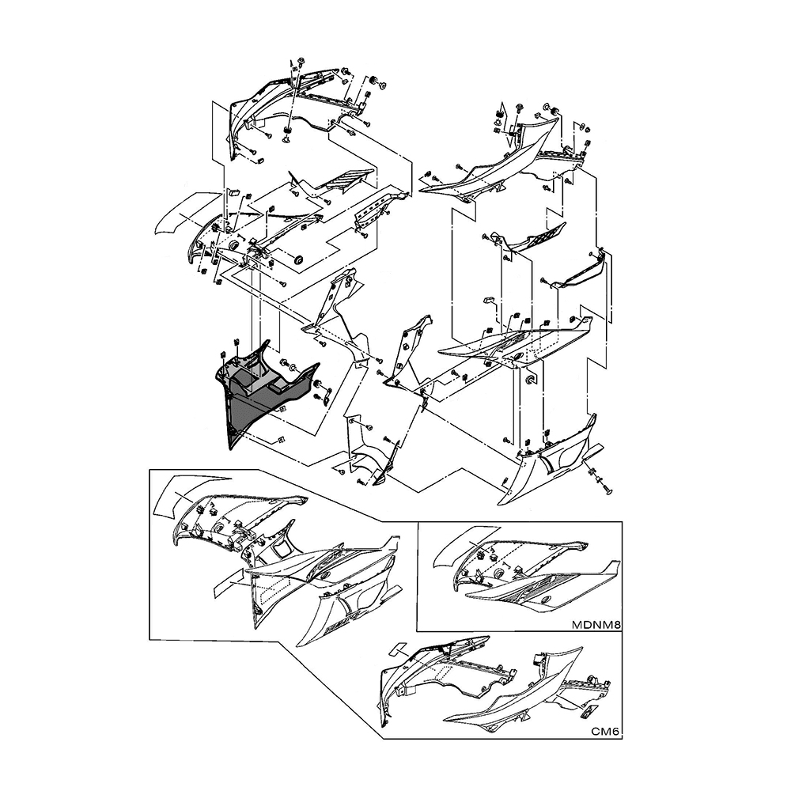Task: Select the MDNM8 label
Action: tap(596, 625)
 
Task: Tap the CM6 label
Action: tap(605, 732)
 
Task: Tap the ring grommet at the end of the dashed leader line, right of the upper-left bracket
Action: tap(298, 260)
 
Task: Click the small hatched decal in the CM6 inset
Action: tap(589, 712)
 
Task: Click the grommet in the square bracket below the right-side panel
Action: tap(532, 379)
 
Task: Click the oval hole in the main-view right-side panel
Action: tap(519, 356)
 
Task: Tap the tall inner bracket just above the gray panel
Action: tap(333, 312)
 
